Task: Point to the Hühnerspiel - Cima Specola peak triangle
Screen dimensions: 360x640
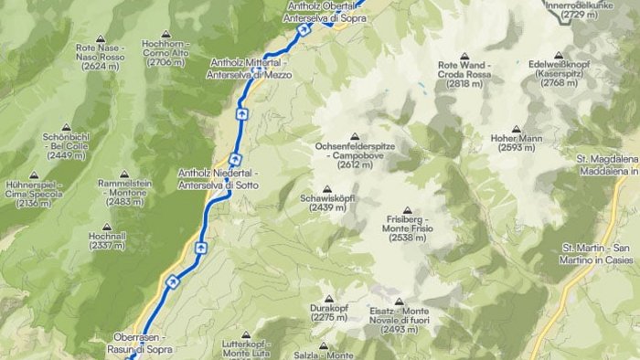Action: (35, 175)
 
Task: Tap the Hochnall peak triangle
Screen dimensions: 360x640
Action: (107, 225)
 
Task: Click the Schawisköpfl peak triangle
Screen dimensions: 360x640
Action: (327, 189)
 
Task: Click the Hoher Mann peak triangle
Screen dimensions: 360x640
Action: (517, 130)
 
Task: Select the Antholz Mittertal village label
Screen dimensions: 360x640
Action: (251, 69)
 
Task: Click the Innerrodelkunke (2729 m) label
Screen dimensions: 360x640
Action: (603, 9)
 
